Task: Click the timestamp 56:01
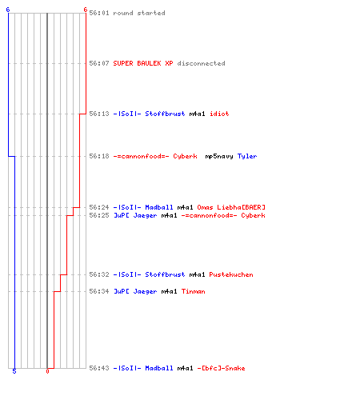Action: (99, 13)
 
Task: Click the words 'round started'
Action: (139, 13)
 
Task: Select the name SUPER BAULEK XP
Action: (143, 63)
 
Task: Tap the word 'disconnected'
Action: (201, 63)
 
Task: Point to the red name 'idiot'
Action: (219, 114)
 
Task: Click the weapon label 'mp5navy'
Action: (219, 157)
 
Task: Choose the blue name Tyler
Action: (247, 157)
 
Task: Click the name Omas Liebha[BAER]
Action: (231, 207)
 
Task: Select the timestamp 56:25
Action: (99, 215)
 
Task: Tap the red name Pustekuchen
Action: (231, 274)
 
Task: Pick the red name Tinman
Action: (194, 291)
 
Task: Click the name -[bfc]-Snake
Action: (221, 368)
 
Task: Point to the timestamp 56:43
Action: (99, 368)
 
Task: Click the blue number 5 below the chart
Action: (14, 371)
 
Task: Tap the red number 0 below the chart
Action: (47, 371)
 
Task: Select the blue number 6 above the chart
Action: (8, 10)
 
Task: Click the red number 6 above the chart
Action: (86, 10)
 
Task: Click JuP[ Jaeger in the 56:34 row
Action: (135, 291)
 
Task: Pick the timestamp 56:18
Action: (99, 156)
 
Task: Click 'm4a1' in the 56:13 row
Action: (197, 114)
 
